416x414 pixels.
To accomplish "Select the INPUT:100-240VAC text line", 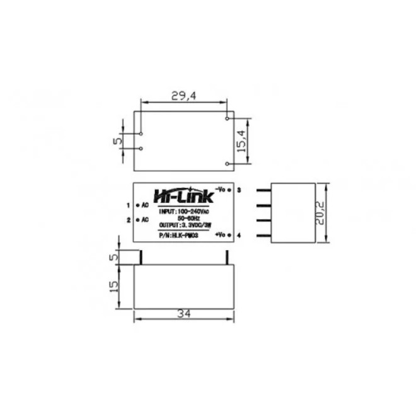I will tap(184, 211).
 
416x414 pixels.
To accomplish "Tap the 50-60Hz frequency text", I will tap(184, 218).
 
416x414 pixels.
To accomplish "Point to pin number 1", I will tap(128, 205).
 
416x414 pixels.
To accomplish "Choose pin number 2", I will tap(128, 220).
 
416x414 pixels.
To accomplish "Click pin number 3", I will tap(240, 189).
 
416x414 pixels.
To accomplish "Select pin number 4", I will tap(240, 235).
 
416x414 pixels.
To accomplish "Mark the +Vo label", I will tap(220, 235).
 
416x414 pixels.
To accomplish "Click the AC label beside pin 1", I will tap(144, 205).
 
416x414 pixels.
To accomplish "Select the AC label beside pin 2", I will tap(144, 220).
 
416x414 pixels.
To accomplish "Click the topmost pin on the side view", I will tap(263, 190).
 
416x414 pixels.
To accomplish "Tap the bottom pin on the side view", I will tap(263, 236).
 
